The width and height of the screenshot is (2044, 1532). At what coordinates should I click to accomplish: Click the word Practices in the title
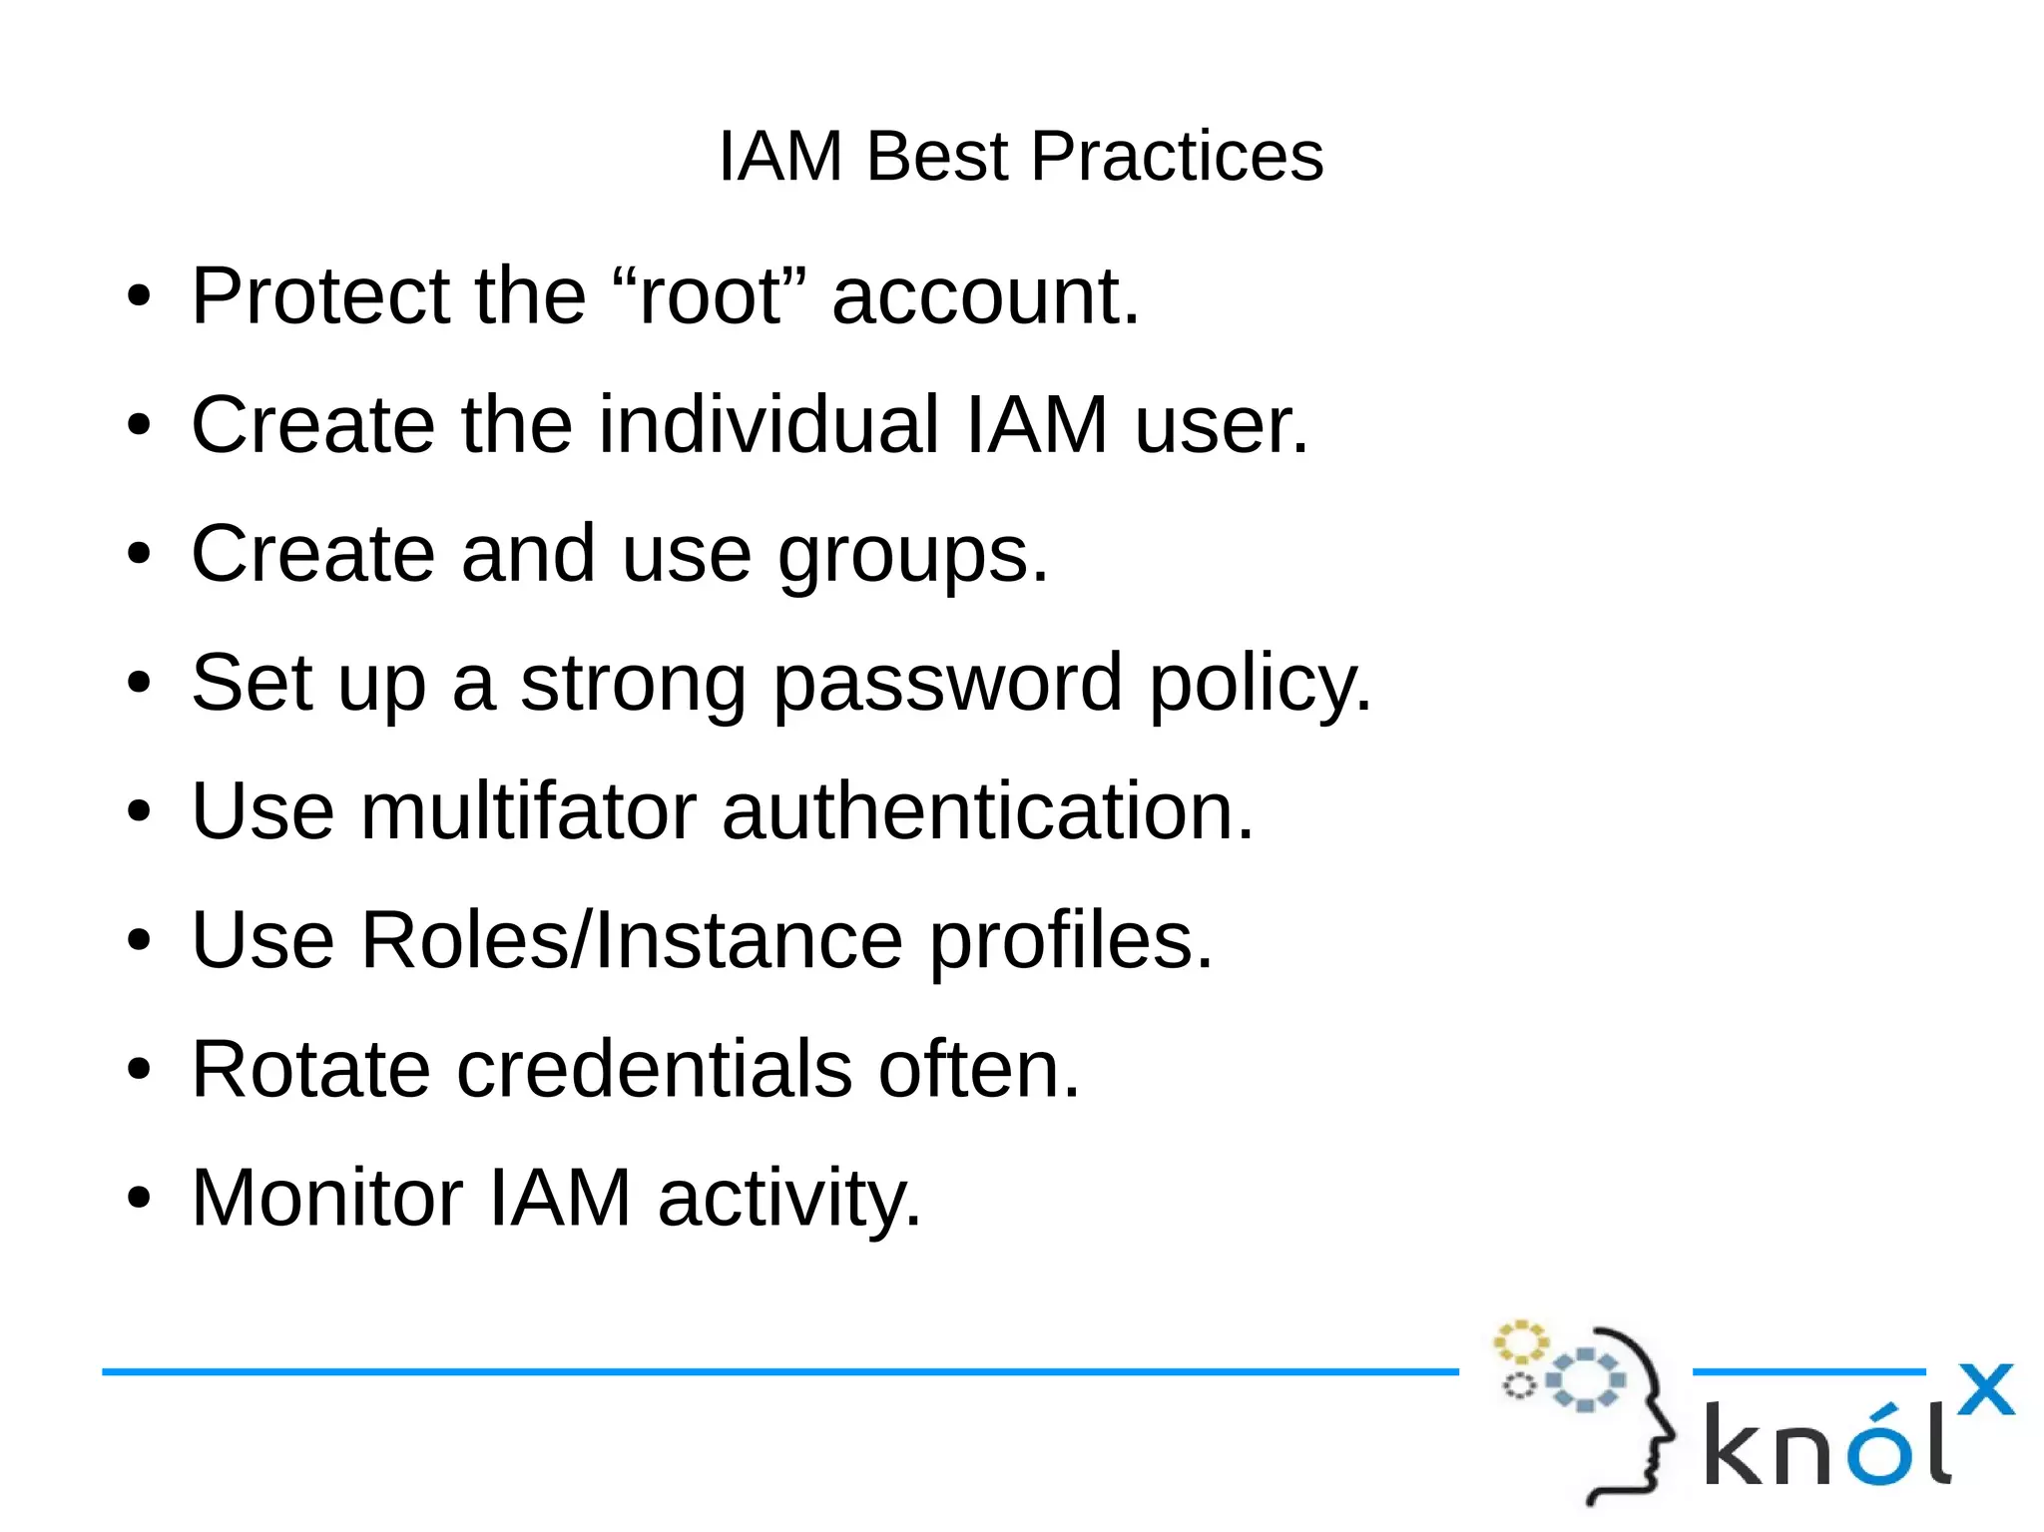[1177, 157]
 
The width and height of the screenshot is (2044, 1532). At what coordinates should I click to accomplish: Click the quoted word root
[710, 296]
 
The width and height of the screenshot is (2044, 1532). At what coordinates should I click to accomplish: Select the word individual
[768, 425]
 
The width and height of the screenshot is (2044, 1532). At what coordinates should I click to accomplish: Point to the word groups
[913, 556]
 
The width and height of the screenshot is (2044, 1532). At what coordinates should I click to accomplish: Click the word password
[947, 685]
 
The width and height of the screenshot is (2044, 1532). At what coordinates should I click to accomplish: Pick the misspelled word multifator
[529, 811]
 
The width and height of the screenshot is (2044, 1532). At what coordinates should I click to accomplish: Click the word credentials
[655, 1070]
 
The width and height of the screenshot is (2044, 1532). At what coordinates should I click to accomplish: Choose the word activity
[789, 1200]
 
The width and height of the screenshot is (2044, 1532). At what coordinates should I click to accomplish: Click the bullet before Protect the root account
[139, 296]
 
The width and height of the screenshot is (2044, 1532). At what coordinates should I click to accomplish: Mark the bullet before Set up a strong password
[139, 684]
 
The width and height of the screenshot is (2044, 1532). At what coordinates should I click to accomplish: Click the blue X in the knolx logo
[1985, 1389]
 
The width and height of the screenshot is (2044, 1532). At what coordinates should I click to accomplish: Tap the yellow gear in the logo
[1519, 1342]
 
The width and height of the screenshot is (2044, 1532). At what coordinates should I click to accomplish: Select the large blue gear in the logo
[1585, 1380]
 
